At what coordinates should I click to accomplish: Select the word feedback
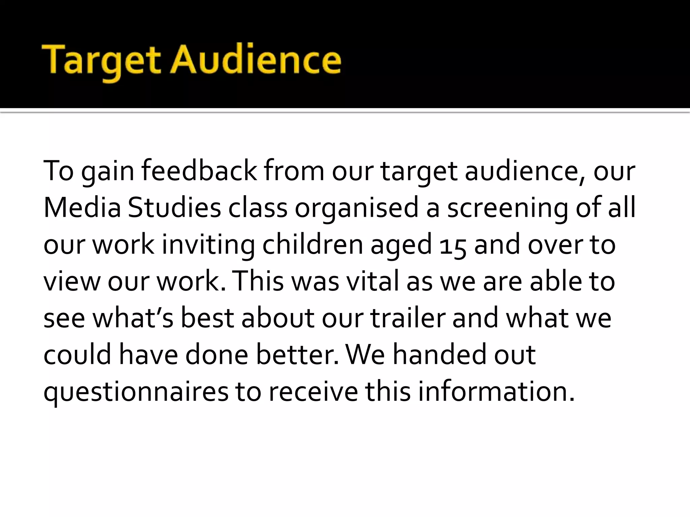[199, 171]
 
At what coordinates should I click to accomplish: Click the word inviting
[208, 245]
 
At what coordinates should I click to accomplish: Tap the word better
[297, 355]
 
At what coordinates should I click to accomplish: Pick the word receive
[313, 392]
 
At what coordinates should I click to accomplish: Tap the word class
[258, 208]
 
